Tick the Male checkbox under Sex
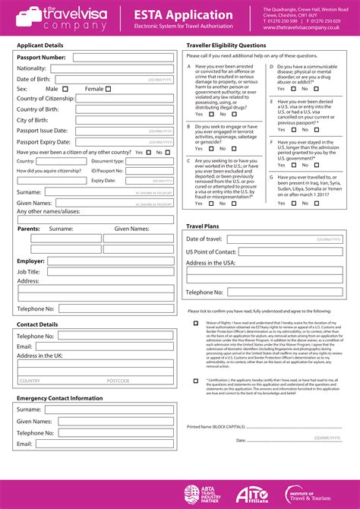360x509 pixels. click(x=65, y=89)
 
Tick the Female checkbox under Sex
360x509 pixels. click(x=108, y=89)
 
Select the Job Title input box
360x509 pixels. click(x=109, y=271)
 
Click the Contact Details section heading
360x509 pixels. click(x=37, y=324)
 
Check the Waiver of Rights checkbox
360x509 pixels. click(x=196, y=323)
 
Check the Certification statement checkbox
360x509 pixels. click(x=196, y=380)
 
